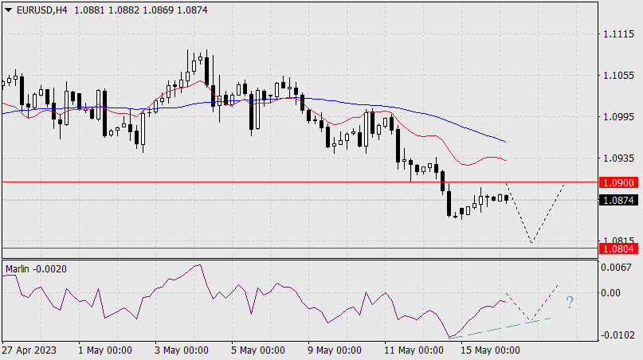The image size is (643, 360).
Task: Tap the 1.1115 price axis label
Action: (618, 35)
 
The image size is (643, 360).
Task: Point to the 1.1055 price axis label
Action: (618, 76)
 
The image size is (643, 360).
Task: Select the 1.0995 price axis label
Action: (618, 117)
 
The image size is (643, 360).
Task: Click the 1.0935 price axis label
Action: (618, 158)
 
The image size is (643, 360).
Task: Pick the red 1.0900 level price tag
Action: (618, 182)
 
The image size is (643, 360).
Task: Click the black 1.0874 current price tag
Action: (618, 201)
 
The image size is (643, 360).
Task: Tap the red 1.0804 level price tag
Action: (618, 249)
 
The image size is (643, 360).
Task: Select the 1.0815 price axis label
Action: (618, 241)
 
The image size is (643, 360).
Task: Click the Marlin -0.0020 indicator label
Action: (36, 269)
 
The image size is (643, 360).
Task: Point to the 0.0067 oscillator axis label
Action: (618, 267)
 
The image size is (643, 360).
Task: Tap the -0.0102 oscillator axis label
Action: (618, 335)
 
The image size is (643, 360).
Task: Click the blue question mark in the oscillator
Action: (570, 302)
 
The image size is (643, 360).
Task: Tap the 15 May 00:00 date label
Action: (491, 350)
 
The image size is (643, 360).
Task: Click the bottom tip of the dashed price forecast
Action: (530, 242)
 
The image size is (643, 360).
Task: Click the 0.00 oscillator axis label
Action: (614, 293)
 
